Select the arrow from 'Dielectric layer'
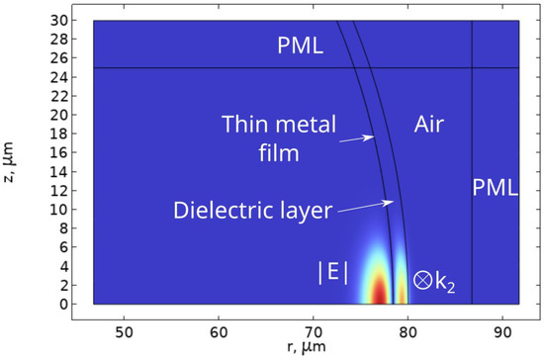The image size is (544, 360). click(x=375, y=206)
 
